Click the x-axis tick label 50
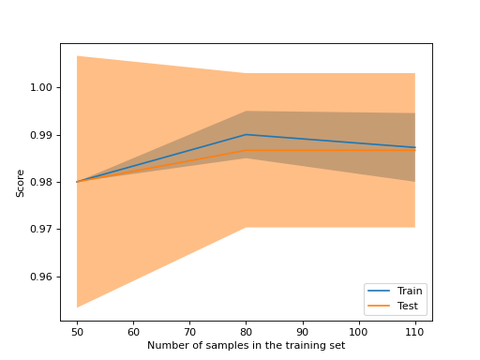[77, 332]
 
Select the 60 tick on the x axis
[133, 332]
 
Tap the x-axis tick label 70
[189, 332]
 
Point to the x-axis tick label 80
[246, 332]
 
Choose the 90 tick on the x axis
[302, 332]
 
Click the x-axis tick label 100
[358, 332]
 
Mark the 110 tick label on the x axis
[414, 332]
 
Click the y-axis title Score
[21, 182]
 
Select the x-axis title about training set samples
[246, 346]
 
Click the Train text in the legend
[410, 292]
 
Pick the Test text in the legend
[408, 307]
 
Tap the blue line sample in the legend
[381, 292]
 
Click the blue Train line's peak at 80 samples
[246, 134]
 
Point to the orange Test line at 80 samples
[246, 150]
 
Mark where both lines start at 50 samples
[77, 182]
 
